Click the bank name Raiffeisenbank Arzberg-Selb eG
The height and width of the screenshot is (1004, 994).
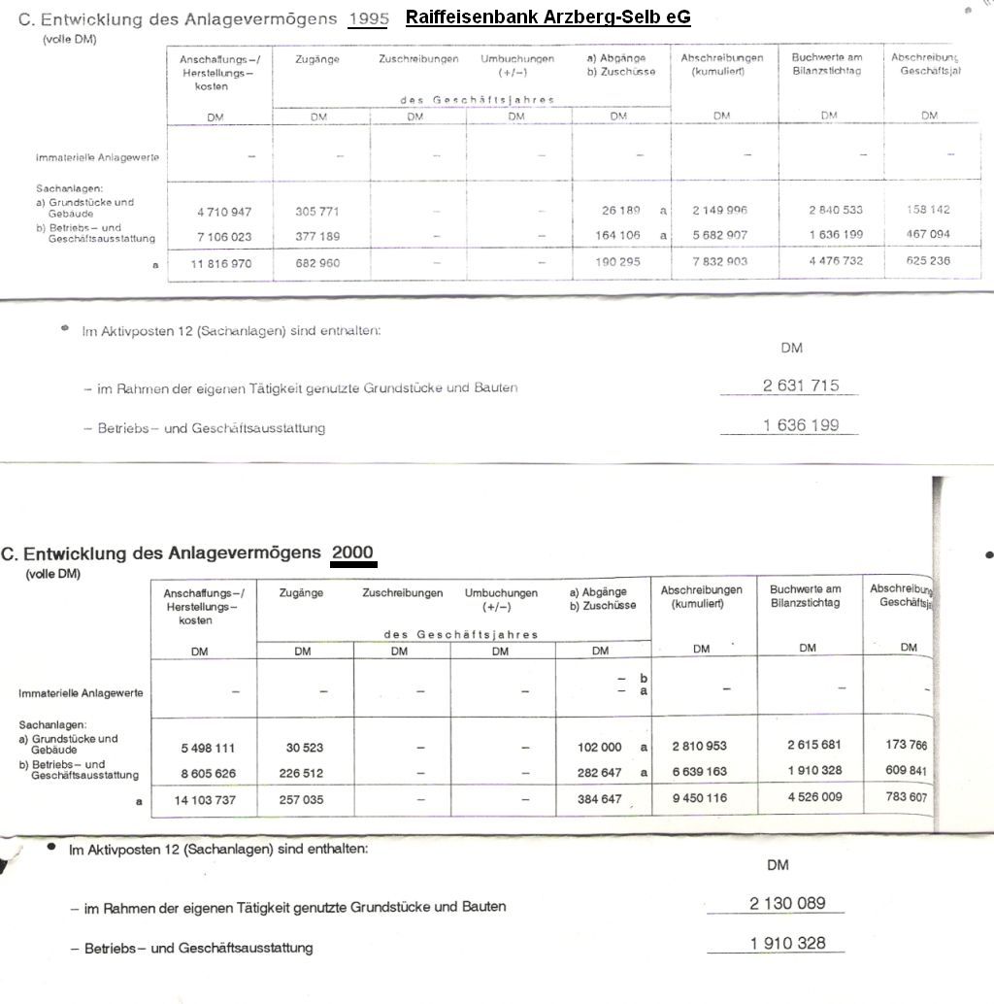click(547, 17)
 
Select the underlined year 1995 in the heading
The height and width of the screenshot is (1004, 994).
click(368, 17)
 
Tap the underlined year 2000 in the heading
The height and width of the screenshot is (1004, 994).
click(352, 552)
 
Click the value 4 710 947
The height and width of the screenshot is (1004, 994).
click(216, 211)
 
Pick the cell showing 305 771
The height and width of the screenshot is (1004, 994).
click(317, 211)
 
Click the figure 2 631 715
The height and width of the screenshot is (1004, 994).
click(801, 385)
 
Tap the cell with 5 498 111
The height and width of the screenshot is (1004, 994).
click(208, 748)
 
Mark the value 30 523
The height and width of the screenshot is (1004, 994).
click(304, 748)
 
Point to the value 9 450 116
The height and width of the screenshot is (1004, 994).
click(699, 798)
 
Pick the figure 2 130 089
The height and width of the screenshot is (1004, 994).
click(787, 903)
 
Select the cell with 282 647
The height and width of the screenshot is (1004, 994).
click(601, 774)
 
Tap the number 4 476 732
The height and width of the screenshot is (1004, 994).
click(829, 260)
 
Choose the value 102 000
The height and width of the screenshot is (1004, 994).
click(599, 748)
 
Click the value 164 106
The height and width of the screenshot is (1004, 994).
click(618, 235)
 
